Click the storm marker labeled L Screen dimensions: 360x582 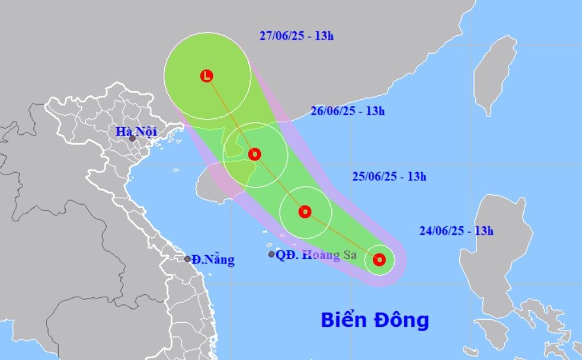point(206,75)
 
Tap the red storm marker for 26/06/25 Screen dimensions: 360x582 point(255,154)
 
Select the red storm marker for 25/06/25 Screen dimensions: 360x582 point(305,212)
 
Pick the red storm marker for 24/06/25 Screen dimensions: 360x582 point(379,260)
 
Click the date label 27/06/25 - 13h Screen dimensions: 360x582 point(297,36)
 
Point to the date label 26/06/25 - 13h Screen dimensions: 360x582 point(348,111)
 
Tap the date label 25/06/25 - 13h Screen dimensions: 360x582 point(389,176)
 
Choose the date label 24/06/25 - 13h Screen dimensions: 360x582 point(457,231)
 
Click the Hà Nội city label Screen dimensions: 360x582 point(131,132)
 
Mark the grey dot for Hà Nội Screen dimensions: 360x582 point(132,139)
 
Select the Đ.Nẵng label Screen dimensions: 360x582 point(213,260)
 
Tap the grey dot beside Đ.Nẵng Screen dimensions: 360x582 point(187,259)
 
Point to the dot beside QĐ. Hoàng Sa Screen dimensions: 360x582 point(271,254)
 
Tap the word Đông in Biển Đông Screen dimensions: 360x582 point(402,320)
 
